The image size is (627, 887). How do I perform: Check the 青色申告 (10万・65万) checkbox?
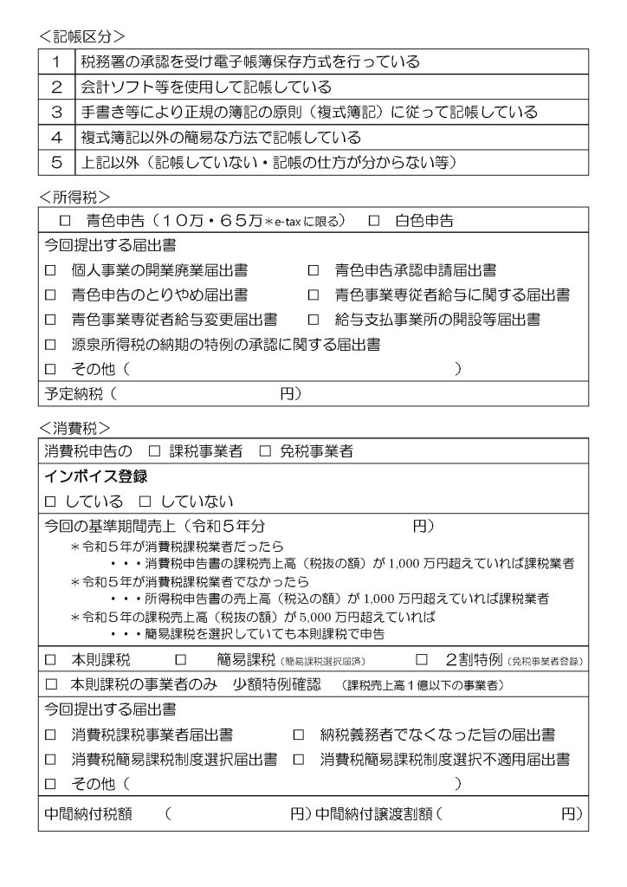pyautogui.click(x=64, y=221)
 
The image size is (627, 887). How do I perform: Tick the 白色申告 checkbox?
pyautogui.click(x=374, y=221)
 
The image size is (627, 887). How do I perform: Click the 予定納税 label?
pyautogui.click(x=74, y=393)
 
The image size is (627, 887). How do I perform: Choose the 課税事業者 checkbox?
pyautogui.click(x=154, y=451)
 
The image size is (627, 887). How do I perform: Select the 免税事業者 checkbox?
pyautogui.click(x=265, y=451)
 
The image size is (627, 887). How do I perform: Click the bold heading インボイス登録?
pyautogui.click(x=95, y=476)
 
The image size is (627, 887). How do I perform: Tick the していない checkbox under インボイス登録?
pyautogui.click(x=145, y=502)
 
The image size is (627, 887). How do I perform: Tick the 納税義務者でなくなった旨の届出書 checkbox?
pyautogui.click(x=298, y=735)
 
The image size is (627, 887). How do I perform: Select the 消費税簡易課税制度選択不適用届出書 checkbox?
pyautogui.click(x=298, y=760)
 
